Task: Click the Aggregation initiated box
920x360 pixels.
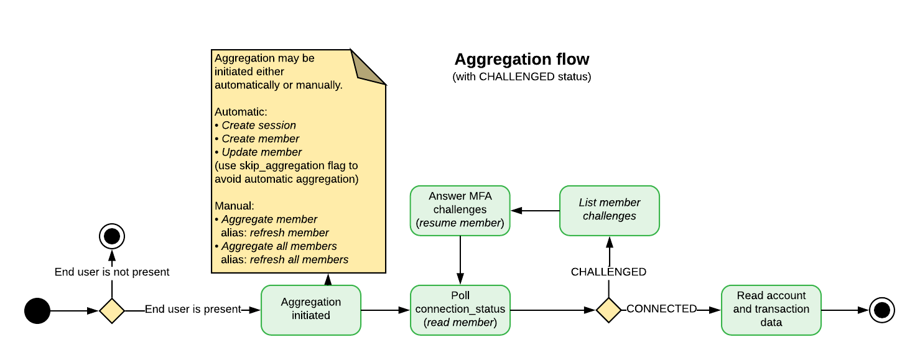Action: (310, 310)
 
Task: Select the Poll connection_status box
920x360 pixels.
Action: (460, 310)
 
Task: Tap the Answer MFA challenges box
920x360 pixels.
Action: (460, 210)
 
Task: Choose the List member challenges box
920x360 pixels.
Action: (609, 210)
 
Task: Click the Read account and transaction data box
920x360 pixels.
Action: (771, 310)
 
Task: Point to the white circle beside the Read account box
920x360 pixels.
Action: (881, 310)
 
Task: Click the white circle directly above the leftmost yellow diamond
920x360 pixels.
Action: (112, 237)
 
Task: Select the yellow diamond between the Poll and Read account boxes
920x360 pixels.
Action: (608, 310)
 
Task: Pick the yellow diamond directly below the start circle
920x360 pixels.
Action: (112, 310)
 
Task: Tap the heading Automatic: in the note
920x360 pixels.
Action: (241, 112)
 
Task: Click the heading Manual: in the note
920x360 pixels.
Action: (235, 206)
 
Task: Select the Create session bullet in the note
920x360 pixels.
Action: (258, 126)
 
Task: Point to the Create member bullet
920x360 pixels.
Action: (260, 139)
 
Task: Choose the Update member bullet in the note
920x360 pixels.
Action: (261, 152)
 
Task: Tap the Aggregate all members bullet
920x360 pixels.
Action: (279, 246)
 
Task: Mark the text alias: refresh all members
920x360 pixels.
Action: (284, 260)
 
